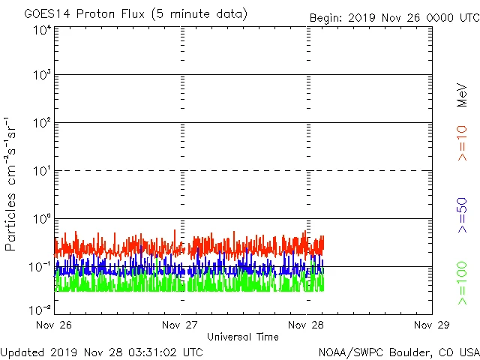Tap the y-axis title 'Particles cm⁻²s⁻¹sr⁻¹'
tap(11, 184)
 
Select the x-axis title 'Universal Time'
tap(242, 337)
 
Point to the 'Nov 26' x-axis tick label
tap(54, 325)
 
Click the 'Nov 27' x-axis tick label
tap(181, 325)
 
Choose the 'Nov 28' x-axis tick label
tap(307, 325)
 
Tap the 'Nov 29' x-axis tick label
tap(432, 325)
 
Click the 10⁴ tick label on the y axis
tap(41, 31)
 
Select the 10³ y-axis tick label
tap(41, 76)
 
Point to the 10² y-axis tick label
tap(41, 124)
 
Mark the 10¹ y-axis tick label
tap(41, 172)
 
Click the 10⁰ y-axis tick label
tap(41, 220)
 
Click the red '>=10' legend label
tap(462, 142)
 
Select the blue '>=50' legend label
tap(462, 215)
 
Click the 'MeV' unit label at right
tap(462, 94)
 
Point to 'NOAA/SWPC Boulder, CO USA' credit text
tap(398, 351)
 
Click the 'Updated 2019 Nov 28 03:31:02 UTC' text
tap(102, 351)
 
